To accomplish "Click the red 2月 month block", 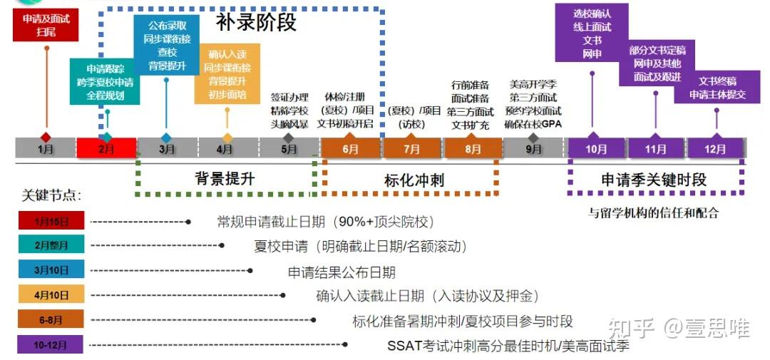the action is (x=106, y=148).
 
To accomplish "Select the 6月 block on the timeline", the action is (x=351, y=148).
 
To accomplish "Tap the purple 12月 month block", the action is (x=715, y=148).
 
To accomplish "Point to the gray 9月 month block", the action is (x=534, y=148).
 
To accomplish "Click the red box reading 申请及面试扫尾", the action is (x=46, y=25).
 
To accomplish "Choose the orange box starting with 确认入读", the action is (x=227, y=74).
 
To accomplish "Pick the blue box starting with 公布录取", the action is (x=166, y=45).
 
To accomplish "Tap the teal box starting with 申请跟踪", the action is (x=105, y=81).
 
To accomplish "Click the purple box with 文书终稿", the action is (x=717, y=87).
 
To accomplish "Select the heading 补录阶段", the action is (x=257, y=23).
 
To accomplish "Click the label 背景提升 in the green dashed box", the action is (x=225, y=179).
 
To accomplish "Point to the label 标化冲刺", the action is (x=414, y=180).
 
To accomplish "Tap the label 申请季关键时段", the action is (x=654, y=180).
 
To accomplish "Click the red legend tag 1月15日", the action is (x=51, y=220).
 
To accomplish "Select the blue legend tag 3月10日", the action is (x=51, y=269).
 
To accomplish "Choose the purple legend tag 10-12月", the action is (x=51, y=344).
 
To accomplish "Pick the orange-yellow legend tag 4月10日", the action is (x=51, y=294).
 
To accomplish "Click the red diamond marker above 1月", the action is (x=46, y=138).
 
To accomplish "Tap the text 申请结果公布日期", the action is (x=342, y=272).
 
